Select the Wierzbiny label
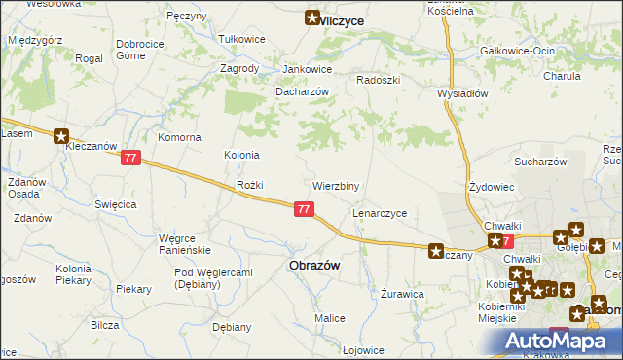click(336, 185)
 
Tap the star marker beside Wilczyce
click(312, 18)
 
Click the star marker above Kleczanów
click(62, 138)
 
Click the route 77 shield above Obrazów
click(305, 208)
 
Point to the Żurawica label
click(402, 293)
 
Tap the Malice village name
click(329, 318)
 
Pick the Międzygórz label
click(35, 41)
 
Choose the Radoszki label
click(379, 80)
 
